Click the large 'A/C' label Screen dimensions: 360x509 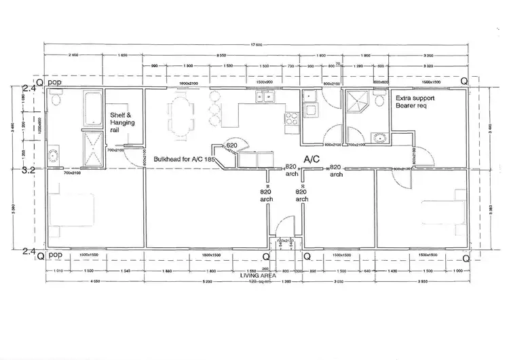(312, 158)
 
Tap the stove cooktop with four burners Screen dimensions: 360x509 (291, 120)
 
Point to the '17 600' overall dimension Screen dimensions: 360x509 (255, 46)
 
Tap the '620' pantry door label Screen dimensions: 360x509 (231, 146)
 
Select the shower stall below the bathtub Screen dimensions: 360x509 (90, 148)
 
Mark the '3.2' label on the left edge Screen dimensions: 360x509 (28, 170)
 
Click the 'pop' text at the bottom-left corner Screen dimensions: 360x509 (56, 256)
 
